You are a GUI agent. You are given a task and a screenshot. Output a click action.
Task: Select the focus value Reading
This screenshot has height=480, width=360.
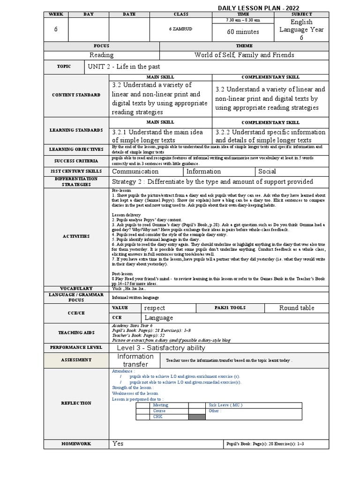(x=102, y=55)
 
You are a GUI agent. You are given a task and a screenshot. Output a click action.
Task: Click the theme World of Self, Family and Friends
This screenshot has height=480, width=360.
(x=244, y=55)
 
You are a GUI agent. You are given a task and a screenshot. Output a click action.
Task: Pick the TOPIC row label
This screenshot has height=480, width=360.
(x=64, y=67)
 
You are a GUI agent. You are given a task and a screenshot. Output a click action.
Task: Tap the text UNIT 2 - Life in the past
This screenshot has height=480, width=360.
(x=124, y=67)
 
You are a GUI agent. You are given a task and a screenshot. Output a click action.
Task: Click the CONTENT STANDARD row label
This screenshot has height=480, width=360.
(x=76, y=95)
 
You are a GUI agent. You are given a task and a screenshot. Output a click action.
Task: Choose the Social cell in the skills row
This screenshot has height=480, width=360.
(x=267, y=172)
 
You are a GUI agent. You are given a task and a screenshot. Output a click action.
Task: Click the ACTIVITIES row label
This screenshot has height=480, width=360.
(x=76, y=236)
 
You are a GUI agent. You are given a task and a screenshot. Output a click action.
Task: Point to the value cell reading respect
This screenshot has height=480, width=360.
(x=155, y=308)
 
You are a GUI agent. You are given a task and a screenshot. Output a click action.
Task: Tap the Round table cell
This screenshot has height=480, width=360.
(x=296, y=308)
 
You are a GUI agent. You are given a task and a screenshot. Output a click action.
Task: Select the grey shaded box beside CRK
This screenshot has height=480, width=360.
(x=197, y=417)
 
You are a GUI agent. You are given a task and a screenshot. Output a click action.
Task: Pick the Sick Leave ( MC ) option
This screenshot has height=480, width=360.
(x=225, y=405)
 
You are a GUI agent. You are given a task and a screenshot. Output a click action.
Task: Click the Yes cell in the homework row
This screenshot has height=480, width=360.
(x=118, y=443)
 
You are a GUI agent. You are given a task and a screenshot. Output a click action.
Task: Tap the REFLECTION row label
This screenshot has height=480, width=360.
(x=76, y=403)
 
